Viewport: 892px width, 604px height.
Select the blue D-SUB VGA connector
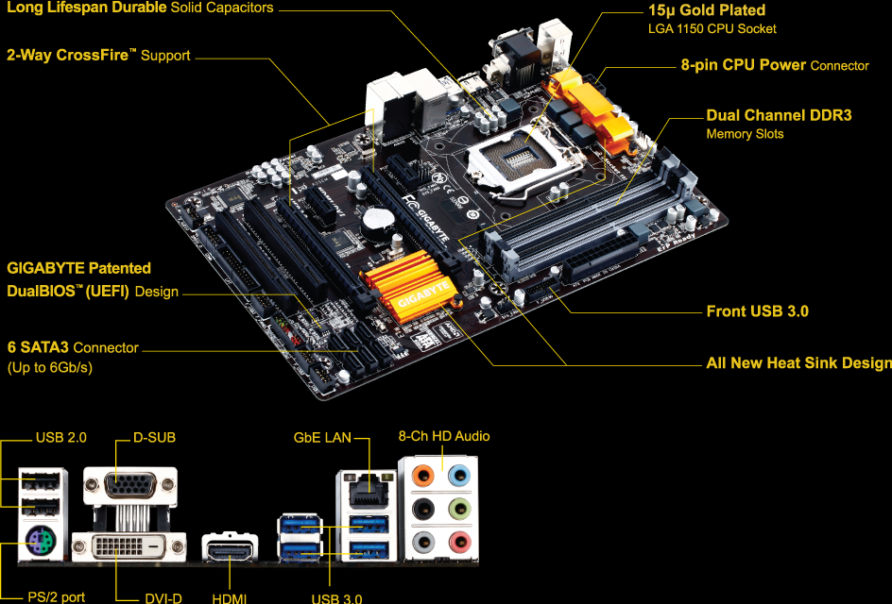tap(129, 485)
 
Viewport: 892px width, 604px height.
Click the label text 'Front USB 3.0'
tap(757, 311)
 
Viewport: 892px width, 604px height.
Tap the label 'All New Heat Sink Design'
tap(798, 363)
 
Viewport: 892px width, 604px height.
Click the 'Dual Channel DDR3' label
tap(779, 115)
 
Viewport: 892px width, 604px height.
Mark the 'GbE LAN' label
tap(322, 437)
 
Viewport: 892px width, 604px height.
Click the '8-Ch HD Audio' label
tap(444, 436)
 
